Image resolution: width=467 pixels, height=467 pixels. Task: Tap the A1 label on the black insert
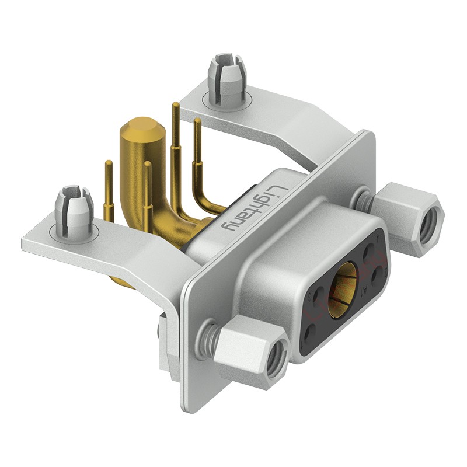coord(365,290)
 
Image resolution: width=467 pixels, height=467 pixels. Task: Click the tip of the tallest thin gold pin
coord(175,106)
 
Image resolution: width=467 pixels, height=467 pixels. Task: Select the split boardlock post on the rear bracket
coord(226,74)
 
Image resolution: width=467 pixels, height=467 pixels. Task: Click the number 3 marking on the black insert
coord(310,297)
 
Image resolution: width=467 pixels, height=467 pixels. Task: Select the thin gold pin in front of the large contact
coord(148,193)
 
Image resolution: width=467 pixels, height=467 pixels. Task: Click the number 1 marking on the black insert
coord(378,238)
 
